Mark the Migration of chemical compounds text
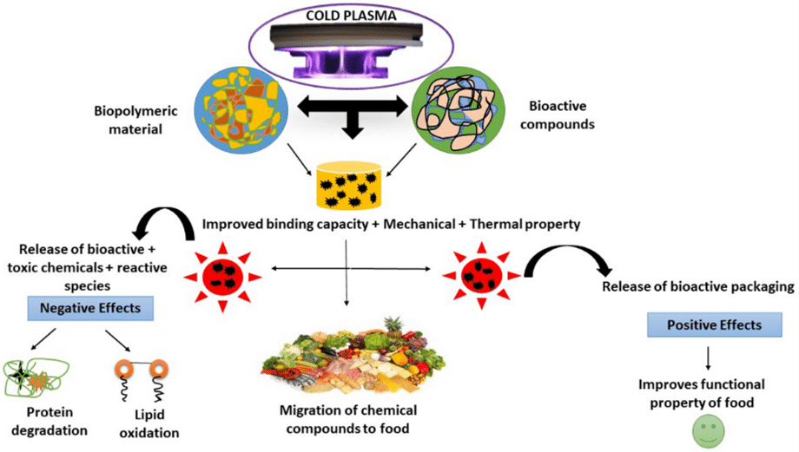point(347,417)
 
